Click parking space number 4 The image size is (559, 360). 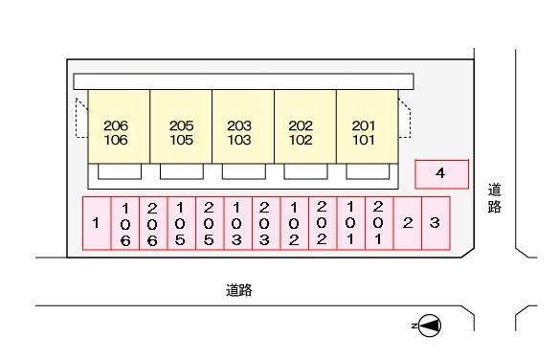[441, 173]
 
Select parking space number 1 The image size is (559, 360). [96, 224]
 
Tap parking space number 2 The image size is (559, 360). [408, 224]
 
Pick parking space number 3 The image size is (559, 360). [436, 224]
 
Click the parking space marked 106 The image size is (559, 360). [124, 224]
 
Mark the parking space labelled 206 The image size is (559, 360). [152, 224]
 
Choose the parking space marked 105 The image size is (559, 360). [181, 224]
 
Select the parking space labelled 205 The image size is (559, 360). [209, 224]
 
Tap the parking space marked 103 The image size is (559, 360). [237, 224]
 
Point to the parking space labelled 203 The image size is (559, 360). [265, 224]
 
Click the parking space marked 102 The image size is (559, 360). [294, 224]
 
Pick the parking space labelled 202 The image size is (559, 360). [322, 224]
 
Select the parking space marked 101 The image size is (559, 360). [350, 224]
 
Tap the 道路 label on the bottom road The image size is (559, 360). [239, 289]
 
